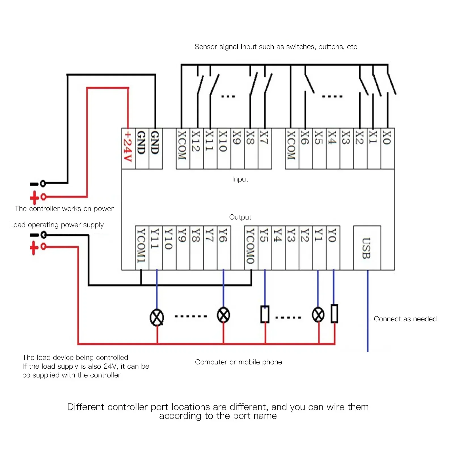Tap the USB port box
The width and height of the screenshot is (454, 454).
[367, 248]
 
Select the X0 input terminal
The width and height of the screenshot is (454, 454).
[388, 148]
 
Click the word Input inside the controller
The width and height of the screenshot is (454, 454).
[240, 179]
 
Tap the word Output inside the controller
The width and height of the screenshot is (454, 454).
[240, 217]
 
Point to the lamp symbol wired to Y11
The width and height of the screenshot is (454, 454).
[157, 317]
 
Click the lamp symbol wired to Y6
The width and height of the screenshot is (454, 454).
[223, 315]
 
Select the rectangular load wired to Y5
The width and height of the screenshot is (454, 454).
[265, 314]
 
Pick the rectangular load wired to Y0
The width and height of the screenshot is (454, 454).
[335, 314]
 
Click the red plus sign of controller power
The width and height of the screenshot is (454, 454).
[34, 198]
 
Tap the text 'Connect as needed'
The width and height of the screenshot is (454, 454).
[405, 319]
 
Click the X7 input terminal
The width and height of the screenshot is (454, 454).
[265, 148]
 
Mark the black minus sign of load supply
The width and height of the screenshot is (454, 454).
[34, 235]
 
